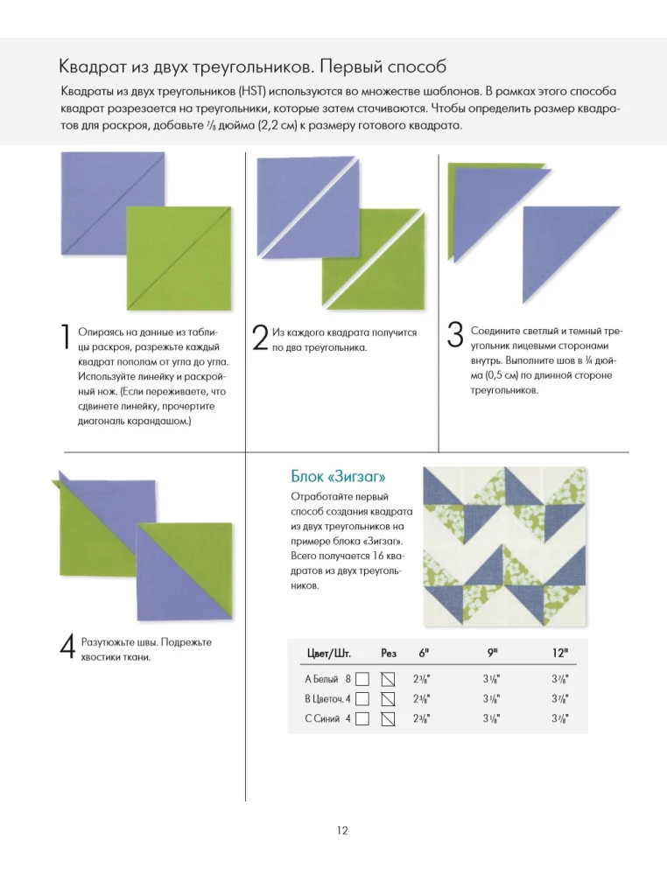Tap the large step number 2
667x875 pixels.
(260, 339)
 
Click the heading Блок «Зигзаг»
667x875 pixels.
(338, 477)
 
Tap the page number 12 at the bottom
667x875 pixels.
(342, 830)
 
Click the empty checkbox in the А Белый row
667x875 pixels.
(362, 679)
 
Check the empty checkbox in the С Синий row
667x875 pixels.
(362, 719)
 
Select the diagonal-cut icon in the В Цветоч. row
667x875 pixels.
(389, 699)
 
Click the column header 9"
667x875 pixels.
(494, 653)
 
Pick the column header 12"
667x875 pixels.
(560, 653)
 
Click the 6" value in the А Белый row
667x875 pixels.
(422, 679)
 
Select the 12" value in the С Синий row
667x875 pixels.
(560, 719)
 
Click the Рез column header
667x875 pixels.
(389, 653)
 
